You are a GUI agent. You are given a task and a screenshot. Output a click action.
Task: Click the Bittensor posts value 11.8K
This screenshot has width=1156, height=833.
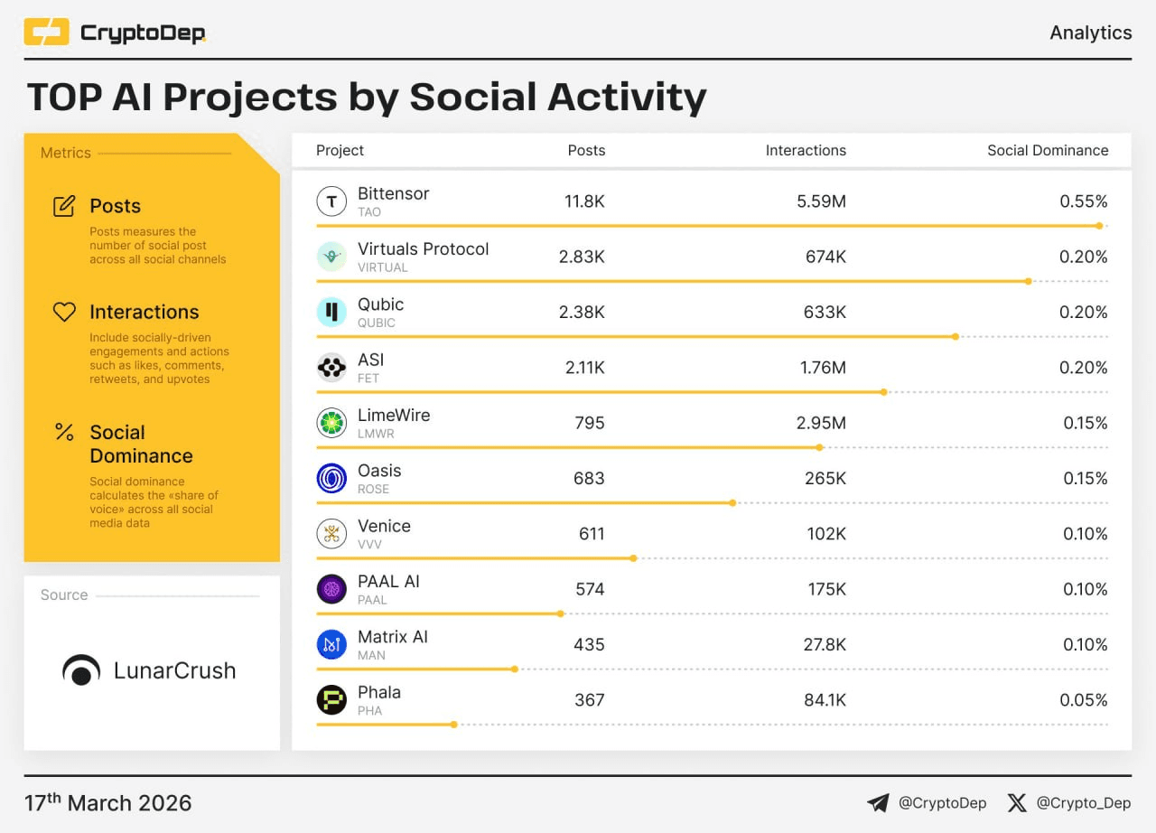pyautogui.click(x=584, y=201)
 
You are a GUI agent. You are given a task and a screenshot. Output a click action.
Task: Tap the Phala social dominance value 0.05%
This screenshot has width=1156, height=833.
pyautogui.click(x=1084, y=700)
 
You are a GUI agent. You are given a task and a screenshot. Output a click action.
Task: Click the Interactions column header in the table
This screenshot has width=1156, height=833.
pyautogui.click(x=806, y=151)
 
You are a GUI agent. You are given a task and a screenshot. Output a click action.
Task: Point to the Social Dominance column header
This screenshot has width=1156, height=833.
pyautogui.click(x=1048, y=151)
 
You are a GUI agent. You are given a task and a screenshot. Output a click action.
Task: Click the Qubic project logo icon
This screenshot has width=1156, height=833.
pyautogui.click(x=331, y=313)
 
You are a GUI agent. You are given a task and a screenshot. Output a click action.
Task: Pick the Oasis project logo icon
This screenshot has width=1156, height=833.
pyautogui.click(x=331, y=478)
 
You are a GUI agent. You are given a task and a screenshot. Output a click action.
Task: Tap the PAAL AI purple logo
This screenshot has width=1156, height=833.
pyautogui.click(x=331, y=589)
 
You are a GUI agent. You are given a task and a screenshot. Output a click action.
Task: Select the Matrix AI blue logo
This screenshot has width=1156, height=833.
pyautogui.click(x=331, y=644)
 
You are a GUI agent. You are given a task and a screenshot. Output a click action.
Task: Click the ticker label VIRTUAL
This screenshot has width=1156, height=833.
pyautogui.click(x=382, y=267)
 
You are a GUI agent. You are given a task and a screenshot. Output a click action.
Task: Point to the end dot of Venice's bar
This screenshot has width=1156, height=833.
pyautogui.click(x=633, y=558)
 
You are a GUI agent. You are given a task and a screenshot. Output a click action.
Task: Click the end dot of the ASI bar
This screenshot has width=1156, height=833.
pyautogui.click(x=884, y=392)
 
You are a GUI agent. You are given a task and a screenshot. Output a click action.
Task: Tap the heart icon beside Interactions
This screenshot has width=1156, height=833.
pyautogui.click(x=64, y=312)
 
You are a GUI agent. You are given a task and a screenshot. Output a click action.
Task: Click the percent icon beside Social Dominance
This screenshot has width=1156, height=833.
pyautogui.click(x=64, y=432)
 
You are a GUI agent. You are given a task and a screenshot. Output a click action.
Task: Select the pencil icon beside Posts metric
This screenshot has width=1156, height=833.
pyautogui.click(x=64, y=206)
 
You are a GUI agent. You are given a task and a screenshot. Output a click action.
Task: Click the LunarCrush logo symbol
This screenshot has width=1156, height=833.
pyautogui.click(x=81, y=670)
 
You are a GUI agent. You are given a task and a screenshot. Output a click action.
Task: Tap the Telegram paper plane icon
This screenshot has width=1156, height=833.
pyautogui.click(x=878, y=802)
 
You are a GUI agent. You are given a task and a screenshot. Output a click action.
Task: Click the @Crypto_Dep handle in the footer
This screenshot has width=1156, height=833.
pyautogui.click(x=1083, y=802)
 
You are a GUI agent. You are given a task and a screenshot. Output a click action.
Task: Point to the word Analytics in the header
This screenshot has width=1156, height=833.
pyautogui.click(x=1090, y=33)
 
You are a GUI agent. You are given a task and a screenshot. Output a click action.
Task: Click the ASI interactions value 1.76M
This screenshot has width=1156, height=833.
pyautogui.click(x=821, y=368)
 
